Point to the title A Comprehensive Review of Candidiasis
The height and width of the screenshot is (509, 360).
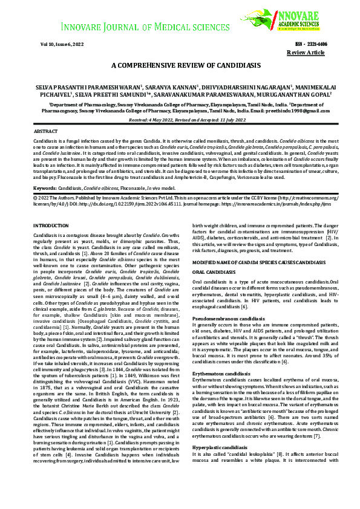(186, 65)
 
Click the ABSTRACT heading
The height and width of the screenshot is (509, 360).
(46, 131)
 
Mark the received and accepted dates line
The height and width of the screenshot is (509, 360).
(186, 120)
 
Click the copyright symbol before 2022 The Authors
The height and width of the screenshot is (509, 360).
(35, 197)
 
